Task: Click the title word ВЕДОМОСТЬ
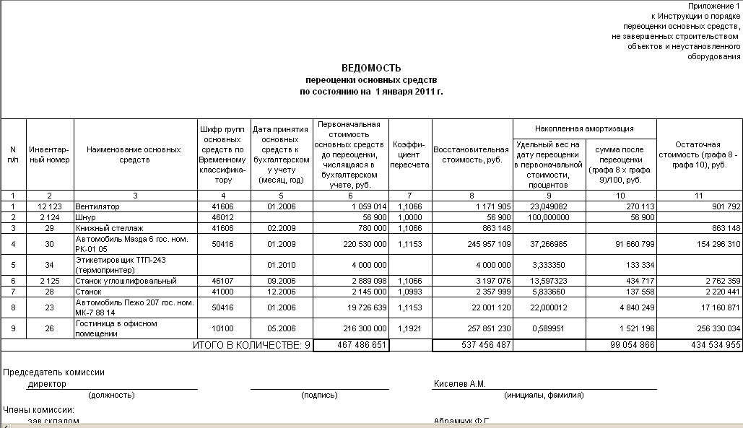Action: click(371, 68)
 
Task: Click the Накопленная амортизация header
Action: click(584, 128)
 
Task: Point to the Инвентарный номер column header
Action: click(49, 154)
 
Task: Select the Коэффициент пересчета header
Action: click(409, 154)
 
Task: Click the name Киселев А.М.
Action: click(459, 384)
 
